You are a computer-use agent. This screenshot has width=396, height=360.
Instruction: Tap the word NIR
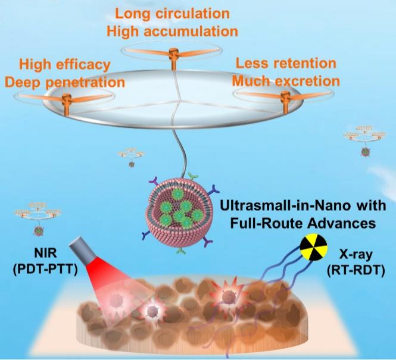pyautogui.click(x=45, y=253)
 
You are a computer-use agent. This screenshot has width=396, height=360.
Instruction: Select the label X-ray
pyautogui.click(x=356, y=255)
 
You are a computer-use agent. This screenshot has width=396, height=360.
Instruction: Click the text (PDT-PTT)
pyautogui.click(x=45, y=270)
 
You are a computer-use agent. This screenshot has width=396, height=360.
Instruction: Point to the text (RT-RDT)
pyautogui.click(x=356, y=271)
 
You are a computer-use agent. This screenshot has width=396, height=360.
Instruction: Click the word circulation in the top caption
pyautogui.click(x=192, y=13)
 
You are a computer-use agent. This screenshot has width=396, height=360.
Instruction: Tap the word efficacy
pyautogui.click(x=83, y=65)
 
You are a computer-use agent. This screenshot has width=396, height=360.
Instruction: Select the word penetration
pyautogui.click(x=85, y=83)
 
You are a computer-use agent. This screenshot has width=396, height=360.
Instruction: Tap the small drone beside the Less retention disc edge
pyautogui.click(x=364, y=140)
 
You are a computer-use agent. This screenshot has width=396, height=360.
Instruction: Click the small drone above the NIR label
pyautogui.click(x=38, y=219)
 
